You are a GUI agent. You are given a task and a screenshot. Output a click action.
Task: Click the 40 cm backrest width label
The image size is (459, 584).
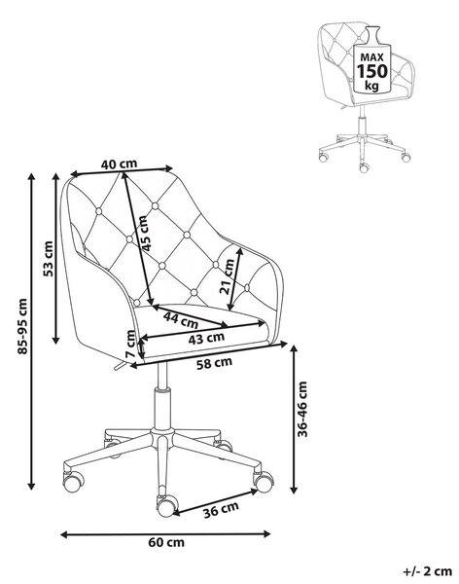point(119,164)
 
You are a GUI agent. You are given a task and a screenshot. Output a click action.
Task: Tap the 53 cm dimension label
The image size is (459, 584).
point(49,259)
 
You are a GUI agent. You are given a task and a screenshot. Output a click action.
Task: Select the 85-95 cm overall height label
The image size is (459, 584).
point(22,326)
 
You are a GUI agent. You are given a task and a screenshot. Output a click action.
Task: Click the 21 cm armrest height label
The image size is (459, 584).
point(228,276)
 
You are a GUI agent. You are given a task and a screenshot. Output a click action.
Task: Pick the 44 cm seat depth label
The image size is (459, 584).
point(181,320)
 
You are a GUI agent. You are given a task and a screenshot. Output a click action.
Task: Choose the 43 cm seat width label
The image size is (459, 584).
point(206,339)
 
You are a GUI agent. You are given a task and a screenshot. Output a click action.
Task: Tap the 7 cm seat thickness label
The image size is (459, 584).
point(131,344)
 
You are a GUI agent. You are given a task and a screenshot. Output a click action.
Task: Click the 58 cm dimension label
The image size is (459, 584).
point(214,363)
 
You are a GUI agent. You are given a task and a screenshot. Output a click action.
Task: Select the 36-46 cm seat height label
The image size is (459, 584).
point(302,409)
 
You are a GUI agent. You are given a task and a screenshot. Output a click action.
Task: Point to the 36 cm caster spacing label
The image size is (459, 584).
point(221,509)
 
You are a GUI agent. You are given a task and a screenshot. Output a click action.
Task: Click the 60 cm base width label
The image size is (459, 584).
point(166,542)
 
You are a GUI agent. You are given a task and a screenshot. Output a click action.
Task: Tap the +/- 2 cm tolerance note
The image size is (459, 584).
point(427,571)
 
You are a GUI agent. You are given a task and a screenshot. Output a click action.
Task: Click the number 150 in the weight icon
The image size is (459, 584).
point(372,70)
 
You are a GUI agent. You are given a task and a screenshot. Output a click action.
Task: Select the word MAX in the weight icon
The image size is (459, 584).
point(372,57)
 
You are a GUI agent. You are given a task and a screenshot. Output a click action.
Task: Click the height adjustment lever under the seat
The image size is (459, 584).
point(120,366)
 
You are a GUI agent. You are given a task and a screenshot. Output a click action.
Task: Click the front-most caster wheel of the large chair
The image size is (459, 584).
point(165,506)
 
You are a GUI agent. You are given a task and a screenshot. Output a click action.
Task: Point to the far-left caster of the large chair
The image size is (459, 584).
point(72,482)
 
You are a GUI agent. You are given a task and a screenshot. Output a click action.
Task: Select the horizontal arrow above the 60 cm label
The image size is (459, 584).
point(165,534)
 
